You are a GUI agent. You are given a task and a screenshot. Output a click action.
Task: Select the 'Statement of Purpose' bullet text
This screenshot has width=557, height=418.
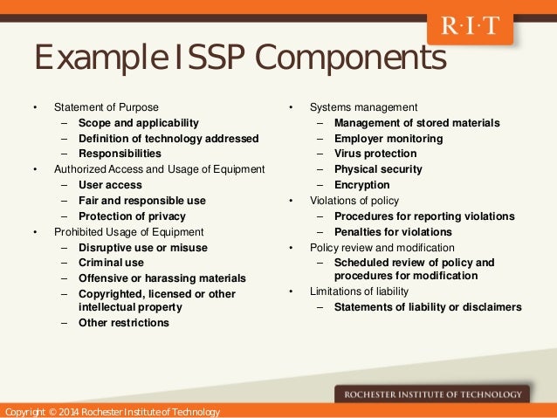[x=107, y=107]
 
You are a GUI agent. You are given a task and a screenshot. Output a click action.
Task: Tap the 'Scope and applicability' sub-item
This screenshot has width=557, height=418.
[x=138, y=123]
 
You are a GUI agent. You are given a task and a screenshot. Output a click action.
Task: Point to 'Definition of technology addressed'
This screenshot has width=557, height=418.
[x=168, y=138]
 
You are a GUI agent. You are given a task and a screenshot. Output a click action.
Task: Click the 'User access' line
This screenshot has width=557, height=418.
[x=110, y=185]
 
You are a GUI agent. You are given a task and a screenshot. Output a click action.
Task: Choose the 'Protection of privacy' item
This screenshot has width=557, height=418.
[x=132, y=216]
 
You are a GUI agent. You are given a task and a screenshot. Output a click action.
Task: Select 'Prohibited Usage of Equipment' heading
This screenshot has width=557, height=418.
[x=128, y=231]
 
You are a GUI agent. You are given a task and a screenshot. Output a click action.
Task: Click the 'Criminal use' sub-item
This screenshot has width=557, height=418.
[x=111, y=262]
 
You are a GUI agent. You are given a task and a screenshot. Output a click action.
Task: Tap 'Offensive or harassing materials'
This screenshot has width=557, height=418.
[x=162, y=278]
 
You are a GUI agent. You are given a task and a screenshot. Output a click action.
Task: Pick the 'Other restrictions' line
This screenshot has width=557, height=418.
[x=124, y=323]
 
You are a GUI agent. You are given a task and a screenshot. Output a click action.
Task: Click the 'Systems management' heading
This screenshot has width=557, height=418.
[x=363, y=107]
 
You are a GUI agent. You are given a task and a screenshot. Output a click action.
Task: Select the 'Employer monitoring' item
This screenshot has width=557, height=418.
[x=389, y=138]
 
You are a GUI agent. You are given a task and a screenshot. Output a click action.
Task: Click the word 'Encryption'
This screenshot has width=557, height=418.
[x=361, y=185]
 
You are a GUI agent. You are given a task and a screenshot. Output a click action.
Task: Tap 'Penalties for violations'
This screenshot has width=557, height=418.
[x=393, y=231]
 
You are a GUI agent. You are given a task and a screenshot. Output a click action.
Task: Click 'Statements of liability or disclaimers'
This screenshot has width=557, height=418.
[x=428, y=306]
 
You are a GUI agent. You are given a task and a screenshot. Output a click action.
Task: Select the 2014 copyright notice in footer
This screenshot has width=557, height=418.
[x=112, y=411]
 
